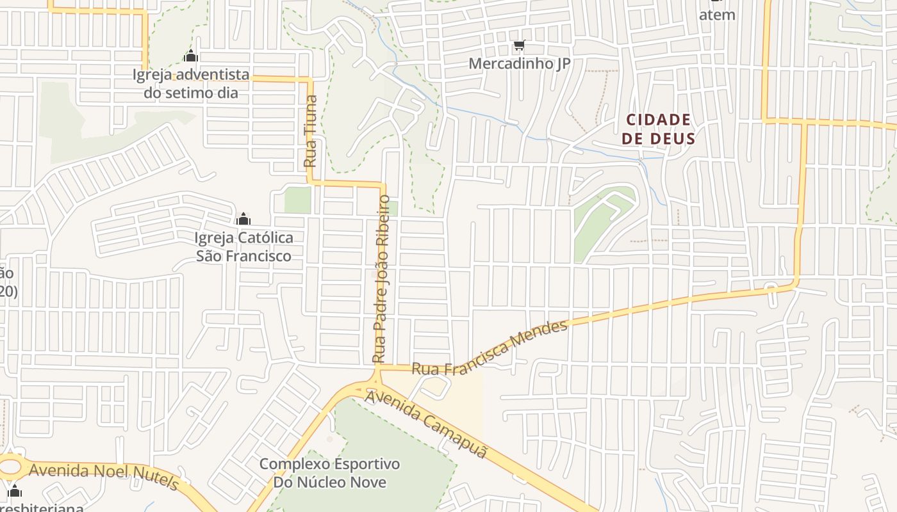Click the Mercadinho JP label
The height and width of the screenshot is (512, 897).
(x=519, y=63)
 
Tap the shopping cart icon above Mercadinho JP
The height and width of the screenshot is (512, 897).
(x=519, y=45)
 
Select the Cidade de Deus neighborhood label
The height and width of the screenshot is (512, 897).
(x=659, y=129)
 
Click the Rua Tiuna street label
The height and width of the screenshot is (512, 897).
(x=310, y=131)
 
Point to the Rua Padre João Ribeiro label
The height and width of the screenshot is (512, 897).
(x=383, y=278)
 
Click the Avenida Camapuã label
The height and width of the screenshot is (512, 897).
(x=426, y=423)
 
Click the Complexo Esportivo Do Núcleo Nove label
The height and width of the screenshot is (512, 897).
(x=329, y=472)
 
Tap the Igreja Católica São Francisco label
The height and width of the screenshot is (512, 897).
(x=243, y=246)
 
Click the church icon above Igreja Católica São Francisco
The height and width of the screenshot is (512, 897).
(x=243, y=220)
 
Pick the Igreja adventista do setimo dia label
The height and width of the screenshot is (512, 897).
(x=190, y=84)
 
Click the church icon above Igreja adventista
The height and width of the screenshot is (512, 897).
(x=190, y=56)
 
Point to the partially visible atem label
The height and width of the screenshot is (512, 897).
(x=717, y=13)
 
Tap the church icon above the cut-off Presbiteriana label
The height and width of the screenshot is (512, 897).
(x=14, y=492)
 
